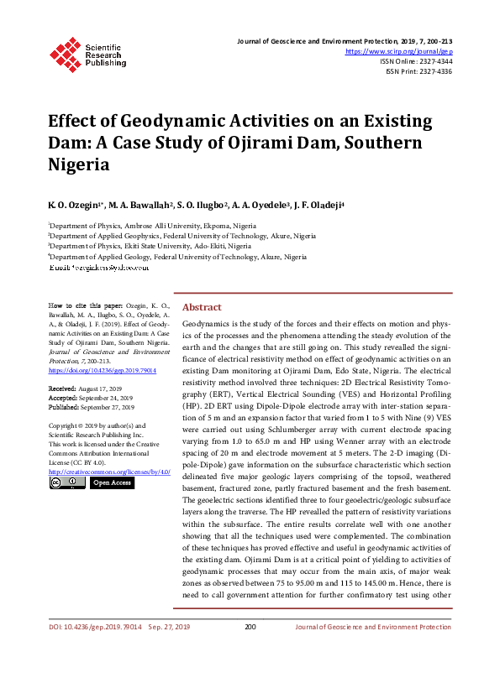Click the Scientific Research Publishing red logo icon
66,52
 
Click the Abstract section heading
202,307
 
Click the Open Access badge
111,482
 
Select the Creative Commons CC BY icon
66,482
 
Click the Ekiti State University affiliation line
151,247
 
